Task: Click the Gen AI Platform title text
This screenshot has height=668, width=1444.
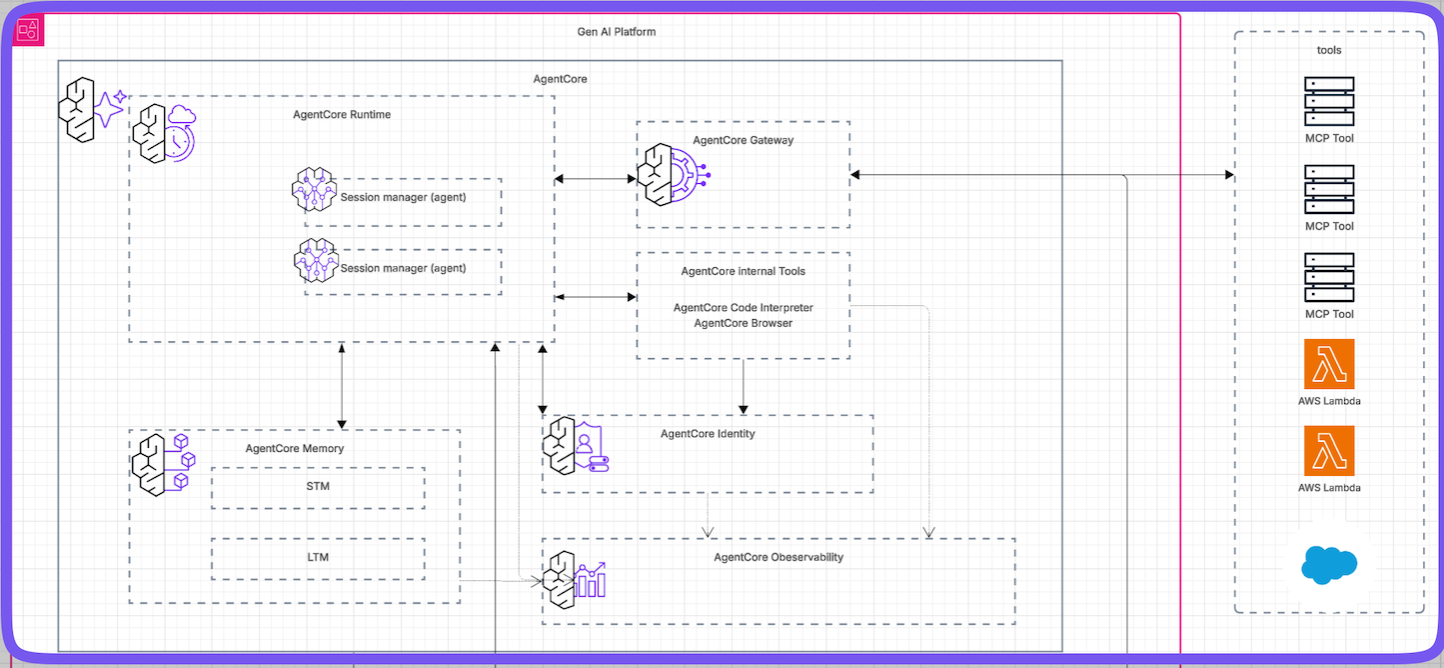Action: click(617, 32)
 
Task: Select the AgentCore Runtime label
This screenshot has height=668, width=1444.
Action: click(342, 114)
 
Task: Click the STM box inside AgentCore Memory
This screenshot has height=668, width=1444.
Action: click(318, 487)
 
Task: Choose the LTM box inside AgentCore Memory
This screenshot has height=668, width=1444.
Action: click(318, 558)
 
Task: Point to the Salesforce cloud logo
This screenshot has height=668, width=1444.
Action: click(1329, 565)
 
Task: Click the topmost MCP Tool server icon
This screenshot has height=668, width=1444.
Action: click(1329, 102)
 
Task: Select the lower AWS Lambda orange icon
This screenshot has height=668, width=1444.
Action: click(1329, 451)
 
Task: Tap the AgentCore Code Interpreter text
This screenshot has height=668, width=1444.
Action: click(743, 308)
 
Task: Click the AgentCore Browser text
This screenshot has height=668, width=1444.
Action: click(743, 323)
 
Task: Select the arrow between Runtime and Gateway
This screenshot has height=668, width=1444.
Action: click(596, 179)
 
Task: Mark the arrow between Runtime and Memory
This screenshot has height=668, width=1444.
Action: click(342, 385)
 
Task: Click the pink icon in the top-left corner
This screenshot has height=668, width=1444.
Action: click(28, 31)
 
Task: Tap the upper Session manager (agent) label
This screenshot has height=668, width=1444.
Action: click(403, 197)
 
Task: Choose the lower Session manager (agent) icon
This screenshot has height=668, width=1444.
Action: click(317, 262)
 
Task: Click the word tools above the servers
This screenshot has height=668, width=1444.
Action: click(1329, 49)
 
